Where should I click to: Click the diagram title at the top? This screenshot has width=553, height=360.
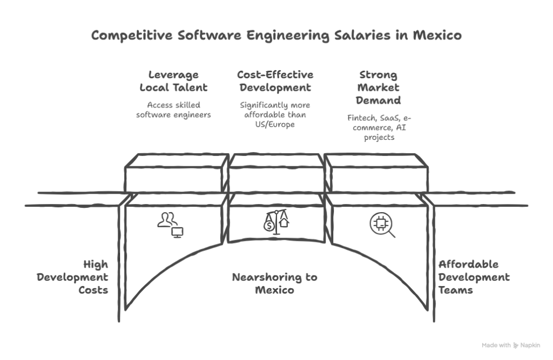click(276, 36)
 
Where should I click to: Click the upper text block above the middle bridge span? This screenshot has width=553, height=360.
click(275, 80)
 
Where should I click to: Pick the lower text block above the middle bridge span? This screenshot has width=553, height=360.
click(274, 113)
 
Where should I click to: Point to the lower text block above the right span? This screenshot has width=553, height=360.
click(381, 127)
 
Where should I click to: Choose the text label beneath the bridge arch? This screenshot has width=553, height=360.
click(275, 284)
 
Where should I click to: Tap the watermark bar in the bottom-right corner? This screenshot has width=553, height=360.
click(511, 344)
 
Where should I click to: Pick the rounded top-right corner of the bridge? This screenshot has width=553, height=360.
click(427, 159)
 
